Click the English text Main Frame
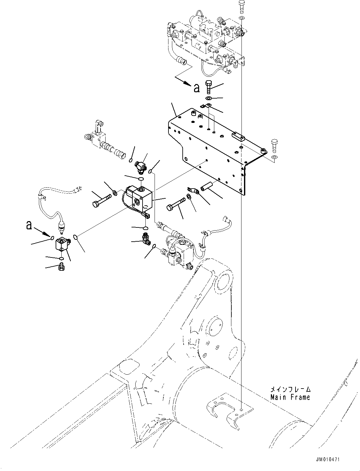point(290,397)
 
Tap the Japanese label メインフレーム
point(290,389)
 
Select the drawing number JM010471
point(328,459)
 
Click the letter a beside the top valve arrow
point(197,88)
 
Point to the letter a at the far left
point(29,225)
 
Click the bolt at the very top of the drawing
point(241,6)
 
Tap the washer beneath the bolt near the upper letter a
point(209,99)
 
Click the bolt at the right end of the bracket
point(274,144)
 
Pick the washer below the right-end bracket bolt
point(274,157)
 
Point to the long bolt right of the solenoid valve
point(176,205)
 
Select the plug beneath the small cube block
point(62,268)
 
